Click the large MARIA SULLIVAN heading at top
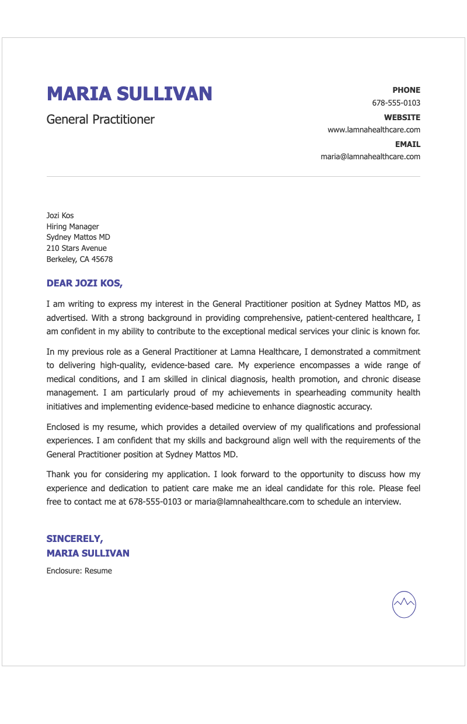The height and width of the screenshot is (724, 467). click(x=129, y=94)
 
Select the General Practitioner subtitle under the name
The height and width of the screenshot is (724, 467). click(x=100, y=120)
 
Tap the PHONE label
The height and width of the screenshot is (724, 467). click(x=406, y=90)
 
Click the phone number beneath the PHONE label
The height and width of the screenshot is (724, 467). click(x=396, y=103)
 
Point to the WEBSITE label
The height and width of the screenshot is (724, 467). click(x=402, y=117)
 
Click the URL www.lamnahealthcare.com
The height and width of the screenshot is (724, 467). click(x=374, y=130)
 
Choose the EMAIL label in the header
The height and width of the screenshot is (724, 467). click(x=407, y=144)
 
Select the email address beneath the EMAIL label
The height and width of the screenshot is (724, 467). click(x=370, y=157)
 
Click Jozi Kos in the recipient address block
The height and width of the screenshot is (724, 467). click(x=60, y=216)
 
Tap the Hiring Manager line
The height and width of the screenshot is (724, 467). click(x=72, y=227)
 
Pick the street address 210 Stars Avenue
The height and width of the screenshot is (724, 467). click(x=76, y=249)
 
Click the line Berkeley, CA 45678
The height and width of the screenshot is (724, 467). click(x=79, y=260)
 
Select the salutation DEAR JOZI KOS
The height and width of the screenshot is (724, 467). click(x=85, y=284)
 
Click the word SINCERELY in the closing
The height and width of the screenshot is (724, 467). click(x=75, y=539)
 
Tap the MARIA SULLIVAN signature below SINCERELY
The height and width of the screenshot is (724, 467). click(x=88, y=553)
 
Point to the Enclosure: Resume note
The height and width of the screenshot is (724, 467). click(x=79, y=571)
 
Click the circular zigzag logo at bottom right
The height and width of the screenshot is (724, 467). click(x=404, y=604)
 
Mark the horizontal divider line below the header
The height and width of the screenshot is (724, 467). click(x=233, y=176)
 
